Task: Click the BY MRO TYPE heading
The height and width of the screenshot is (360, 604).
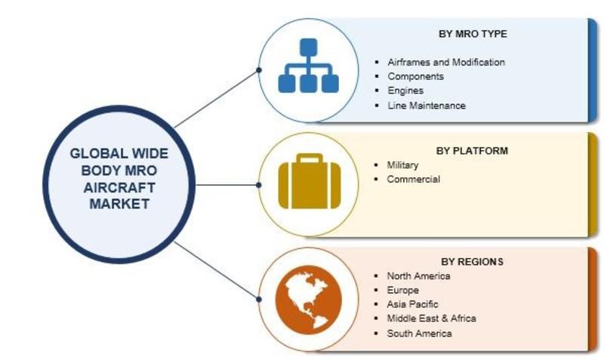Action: click(x=473, y=34)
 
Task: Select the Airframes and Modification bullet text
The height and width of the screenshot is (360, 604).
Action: click(x=446, y=62)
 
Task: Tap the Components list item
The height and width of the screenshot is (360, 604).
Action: click(x=416, y=76)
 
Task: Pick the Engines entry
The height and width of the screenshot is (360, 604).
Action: click(x=405, y=91)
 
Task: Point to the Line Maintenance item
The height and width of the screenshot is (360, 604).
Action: click(x=427, y=105)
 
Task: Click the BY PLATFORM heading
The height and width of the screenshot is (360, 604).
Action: click(x=472, y=150)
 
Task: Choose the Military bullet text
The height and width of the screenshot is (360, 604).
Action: click(x=402, y=165)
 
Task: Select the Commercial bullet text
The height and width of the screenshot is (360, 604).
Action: click(x=413, y=179)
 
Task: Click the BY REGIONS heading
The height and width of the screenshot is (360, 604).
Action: click(x=472, y=261)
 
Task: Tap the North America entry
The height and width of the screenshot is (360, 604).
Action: click(x=418, y=275)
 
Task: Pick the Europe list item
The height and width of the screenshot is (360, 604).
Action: click(x=402, y=290)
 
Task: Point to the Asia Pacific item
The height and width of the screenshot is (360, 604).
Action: click(x=412, y=304)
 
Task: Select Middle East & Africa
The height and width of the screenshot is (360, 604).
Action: click(x=431, y=318)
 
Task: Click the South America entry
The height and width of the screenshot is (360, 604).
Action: click(x=419, y=333)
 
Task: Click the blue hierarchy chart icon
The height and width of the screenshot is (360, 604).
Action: click(x=309, y=66)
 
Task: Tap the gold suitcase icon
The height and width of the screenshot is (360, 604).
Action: click(x=310, y=181)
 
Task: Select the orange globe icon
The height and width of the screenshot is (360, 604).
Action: click(x=309, y=299)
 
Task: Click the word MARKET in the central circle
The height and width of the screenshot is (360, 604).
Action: click(x=119, y=204)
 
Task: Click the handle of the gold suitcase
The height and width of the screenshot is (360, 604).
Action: click(x=310, y=158)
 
